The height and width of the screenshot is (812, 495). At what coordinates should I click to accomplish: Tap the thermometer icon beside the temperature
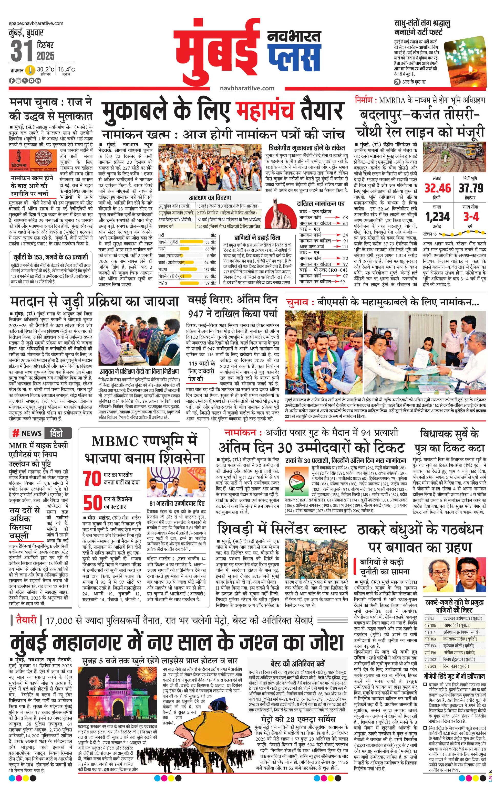tap(31, 70)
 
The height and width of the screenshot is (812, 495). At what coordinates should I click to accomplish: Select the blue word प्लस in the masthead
tap(294, 56)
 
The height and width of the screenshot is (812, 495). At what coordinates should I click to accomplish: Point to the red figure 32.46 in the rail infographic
tap(438, 188)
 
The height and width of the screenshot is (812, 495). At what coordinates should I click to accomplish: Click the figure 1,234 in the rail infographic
tap(438, 217)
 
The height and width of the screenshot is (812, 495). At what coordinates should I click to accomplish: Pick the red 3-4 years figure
tap(471, 217)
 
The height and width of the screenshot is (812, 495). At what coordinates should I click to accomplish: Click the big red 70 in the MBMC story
tap(92, 479)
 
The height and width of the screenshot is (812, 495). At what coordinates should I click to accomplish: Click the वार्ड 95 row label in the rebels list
tap(430, 618)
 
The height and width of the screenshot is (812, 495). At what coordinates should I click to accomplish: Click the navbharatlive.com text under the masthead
tap(247, 88)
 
